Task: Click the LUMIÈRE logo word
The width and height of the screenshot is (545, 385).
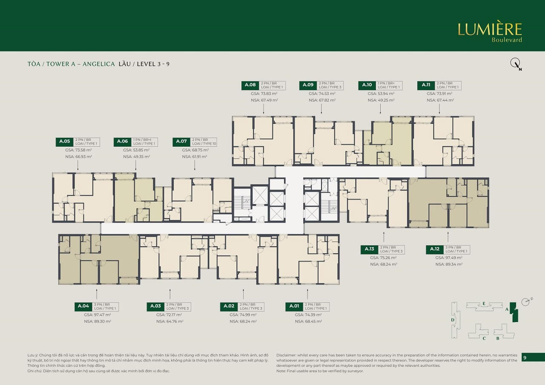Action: coord(490,29)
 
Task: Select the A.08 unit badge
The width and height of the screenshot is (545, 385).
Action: coord(250,85)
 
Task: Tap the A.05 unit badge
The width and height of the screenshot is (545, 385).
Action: coord(64,142)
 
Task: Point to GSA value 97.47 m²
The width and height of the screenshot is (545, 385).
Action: coord(98,315)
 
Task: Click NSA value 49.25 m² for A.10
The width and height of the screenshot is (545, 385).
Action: coord(381,100)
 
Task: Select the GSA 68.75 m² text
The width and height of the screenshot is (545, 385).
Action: coord(195,150)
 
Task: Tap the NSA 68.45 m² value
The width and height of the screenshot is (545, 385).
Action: coord(308,322)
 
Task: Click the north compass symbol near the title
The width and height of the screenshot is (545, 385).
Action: coord(516,64)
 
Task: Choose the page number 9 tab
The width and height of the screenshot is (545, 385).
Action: coord(525,358)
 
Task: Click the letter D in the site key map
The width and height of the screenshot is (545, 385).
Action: coord(453,319)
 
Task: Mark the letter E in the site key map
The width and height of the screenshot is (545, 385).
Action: coord(484,303)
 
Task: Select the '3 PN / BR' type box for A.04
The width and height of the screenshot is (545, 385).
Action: coord(104,307)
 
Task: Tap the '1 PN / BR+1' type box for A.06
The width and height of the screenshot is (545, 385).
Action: coord(145,142)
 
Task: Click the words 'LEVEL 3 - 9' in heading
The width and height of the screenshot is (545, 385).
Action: coord(153,64)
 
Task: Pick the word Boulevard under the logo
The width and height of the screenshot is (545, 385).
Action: coord(507,40)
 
